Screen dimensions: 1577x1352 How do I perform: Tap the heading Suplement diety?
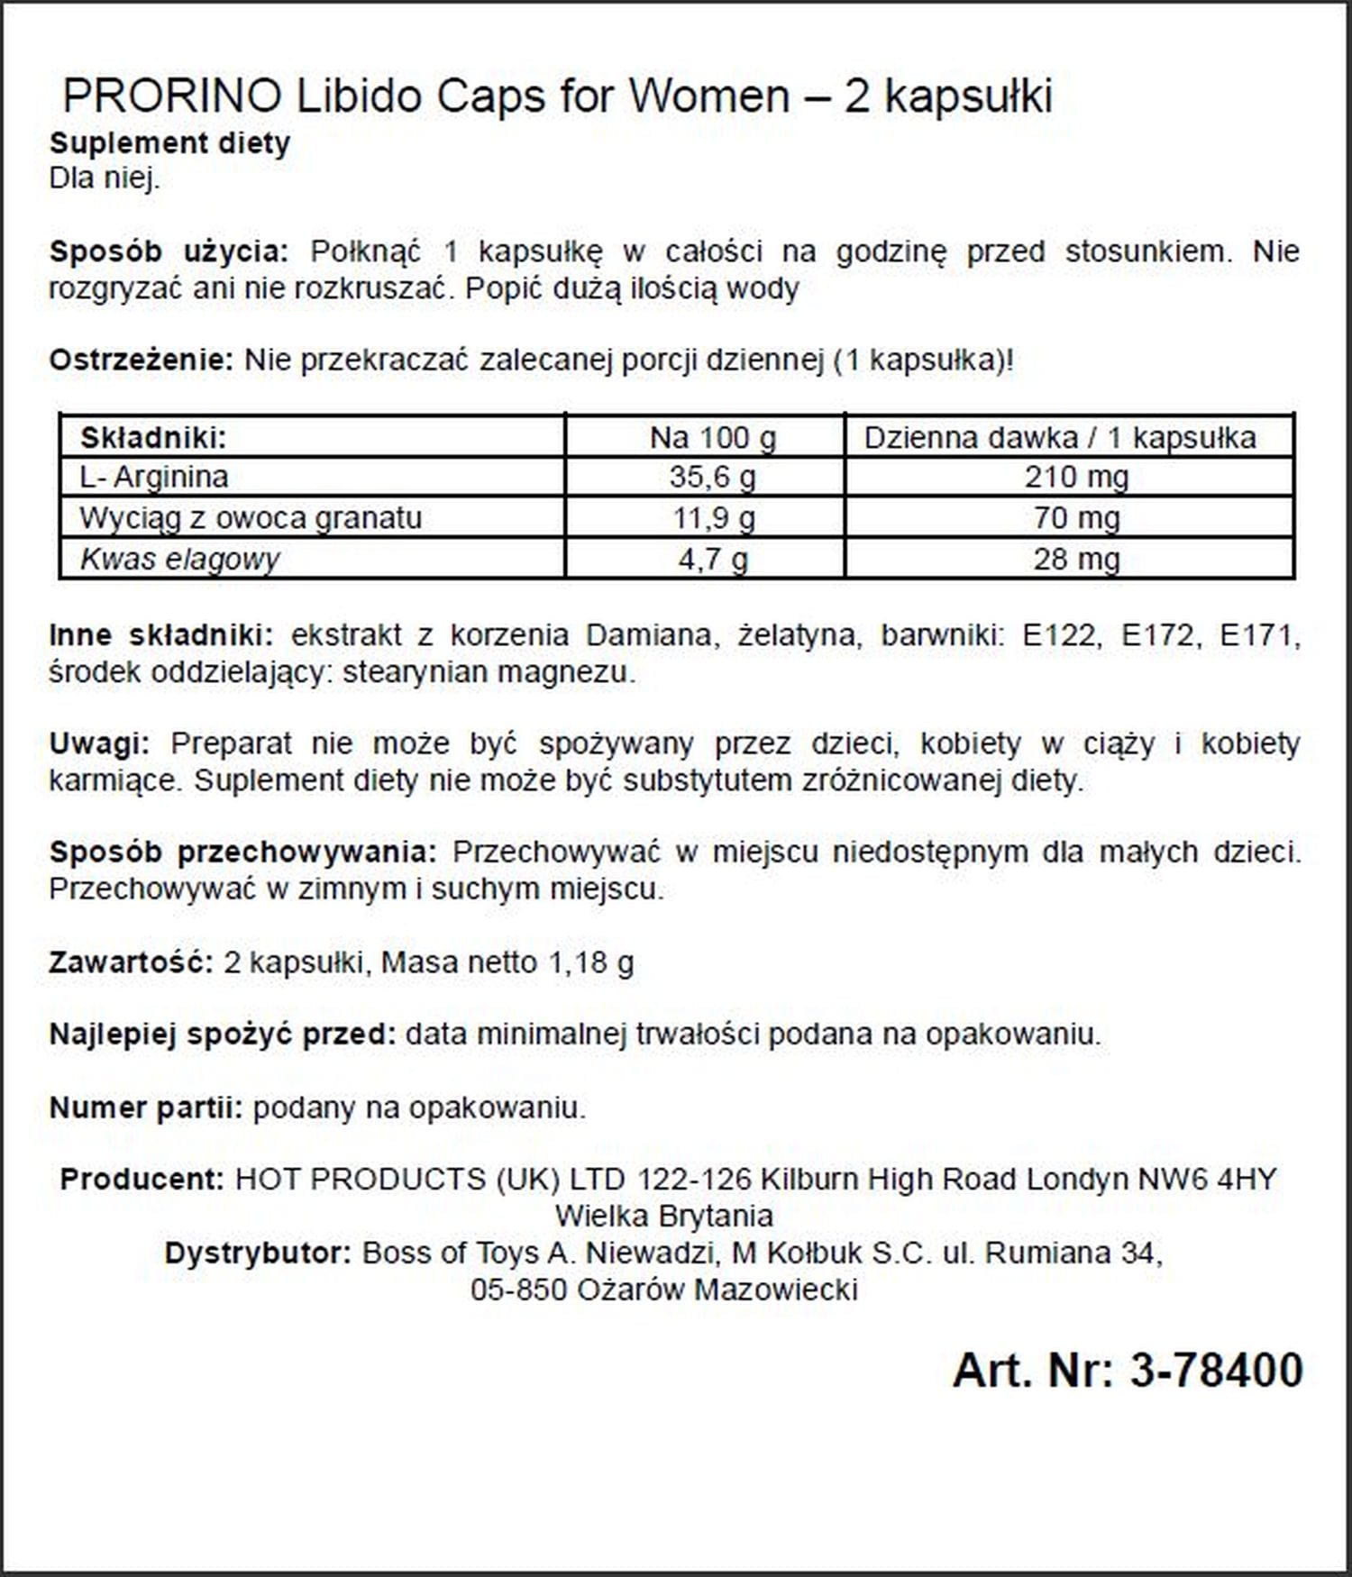tap(169, 143)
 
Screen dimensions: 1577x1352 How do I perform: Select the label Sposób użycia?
tap(169, 251)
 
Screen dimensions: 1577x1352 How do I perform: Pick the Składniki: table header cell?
tap(153, 438)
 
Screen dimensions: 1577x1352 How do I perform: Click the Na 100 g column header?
tap(712, 438)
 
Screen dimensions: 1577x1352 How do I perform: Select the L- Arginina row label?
tap(153, 477)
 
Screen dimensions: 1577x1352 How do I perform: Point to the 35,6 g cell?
tap(712, 477)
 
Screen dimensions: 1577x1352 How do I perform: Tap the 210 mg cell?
tap(1076, 477)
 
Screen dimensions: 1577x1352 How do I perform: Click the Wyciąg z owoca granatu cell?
tap(250, 518)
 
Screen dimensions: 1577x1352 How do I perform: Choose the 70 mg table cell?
tap(1076, 518)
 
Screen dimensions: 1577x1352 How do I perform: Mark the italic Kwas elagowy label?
tap(179, 560)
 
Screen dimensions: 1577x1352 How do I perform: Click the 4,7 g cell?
tap(712, 560)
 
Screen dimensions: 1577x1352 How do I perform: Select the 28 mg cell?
tap(1076, 560)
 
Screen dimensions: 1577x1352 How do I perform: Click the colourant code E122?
tap(1061, 635)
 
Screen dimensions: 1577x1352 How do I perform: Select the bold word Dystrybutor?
tap(258, 1253)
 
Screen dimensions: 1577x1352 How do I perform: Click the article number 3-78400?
tap(1216, 1371)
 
